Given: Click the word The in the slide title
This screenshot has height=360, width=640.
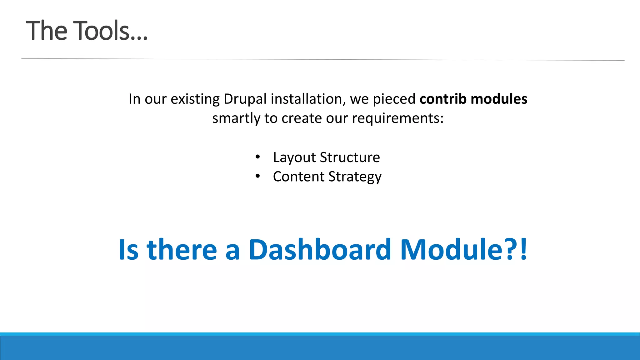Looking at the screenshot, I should point(47,31).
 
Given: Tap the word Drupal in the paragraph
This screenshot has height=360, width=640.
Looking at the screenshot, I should point(245,99).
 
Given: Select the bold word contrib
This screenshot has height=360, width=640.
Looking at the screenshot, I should point(443,99).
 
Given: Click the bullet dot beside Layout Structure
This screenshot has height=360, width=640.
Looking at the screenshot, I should point(257,157).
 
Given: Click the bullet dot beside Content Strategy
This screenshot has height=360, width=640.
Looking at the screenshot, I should point(257,177).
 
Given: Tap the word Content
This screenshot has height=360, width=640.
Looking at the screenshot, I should point(298,177).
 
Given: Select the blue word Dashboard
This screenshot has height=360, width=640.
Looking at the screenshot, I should point(320,250).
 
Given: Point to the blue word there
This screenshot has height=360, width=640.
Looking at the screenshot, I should point(182,250).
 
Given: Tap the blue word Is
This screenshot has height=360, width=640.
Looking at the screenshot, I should point(128,250).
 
